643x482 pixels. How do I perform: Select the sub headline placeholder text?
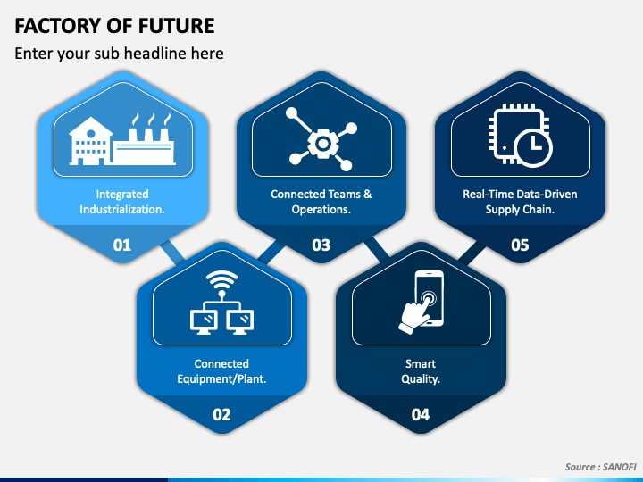[x=119, y=54]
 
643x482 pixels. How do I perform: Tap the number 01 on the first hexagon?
[x=122, y=245]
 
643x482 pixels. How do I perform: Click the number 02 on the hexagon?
[x=221, y=414]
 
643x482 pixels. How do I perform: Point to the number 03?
[x=321, y=245]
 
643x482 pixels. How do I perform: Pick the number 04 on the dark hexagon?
[x=420, y=414]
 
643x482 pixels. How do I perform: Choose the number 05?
[x=520, y=245]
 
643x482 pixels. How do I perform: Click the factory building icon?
[x=123, y=142]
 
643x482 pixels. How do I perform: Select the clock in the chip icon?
[x=533, y=146]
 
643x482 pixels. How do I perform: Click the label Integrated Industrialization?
[x=122, y=202]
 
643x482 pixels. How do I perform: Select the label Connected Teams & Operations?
[x=321, y=202]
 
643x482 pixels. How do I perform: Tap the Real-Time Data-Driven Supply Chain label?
[x=520, y=202]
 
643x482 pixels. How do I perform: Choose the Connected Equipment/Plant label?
[x=221, y=371]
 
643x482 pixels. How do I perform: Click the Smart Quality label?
[x=420, y=371]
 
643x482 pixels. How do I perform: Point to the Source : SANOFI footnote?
[x=597, y=467]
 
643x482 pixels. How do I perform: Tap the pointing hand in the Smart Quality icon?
[x=413, y=318]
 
